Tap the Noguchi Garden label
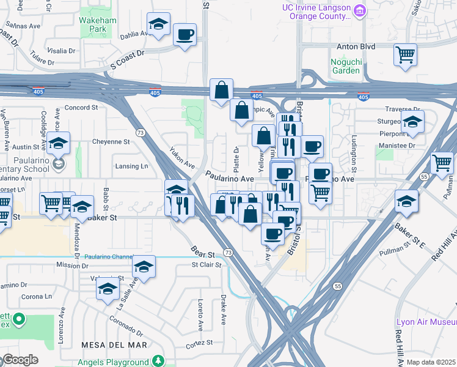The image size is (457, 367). click(x=345, y=65)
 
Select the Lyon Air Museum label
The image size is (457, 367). click(x=426, y=322)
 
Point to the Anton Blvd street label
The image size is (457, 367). click(x=355, y=46)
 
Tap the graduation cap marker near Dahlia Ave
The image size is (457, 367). click(x=158, y=25)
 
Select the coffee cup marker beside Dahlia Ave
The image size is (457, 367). click(x=184, y=34)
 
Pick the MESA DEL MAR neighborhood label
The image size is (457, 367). click(x=114, y=345)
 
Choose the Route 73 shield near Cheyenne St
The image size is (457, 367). click(x=141, y=132)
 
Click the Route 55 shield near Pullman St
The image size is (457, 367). click(x=337, y=286)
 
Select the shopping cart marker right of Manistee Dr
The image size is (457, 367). click(x=441, y=163)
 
